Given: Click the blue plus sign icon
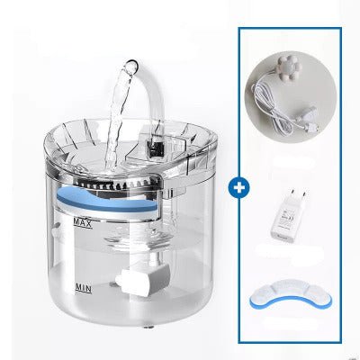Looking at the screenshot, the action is tap(238, 188).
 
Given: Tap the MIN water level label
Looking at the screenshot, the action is tap(83, 289).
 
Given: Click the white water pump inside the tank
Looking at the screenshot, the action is tap(143, 280).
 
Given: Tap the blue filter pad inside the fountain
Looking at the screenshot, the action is tap(106, 199).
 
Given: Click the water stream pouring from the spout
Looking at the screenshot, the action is tap(119, 117).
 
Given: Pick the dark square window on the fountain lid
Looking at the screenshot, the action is tap(154, 149).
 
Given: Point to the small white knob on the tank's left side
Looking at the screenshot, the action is tap(55, 232).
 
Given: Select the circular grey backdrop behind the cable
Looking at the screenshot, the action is tap(291, 96).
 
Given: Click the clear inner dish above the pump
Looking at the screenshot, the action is tap(139, 238).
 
